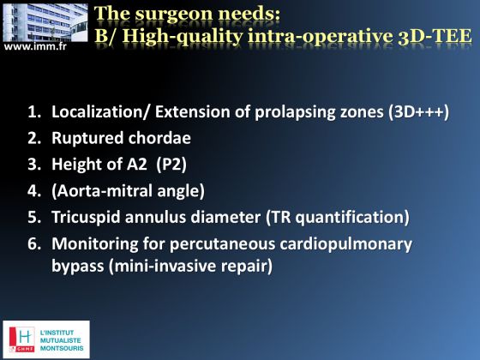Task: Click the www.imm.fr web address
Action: pyautogui.click(x=35, y=47)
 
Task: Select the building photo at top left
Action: pyautogui.click(x=45, y=22)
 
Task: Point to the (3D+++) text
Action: pyautogui.click(x=419, y=111)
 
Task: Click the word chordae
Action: pyautogui.click(x=159, y=138)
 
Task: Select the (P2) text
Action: pyautogui.click(x=171, y=165)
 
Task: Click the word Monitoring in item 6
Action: pyautogui.click(x=94, y=244)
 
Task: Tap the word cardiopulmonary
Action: pyautogui.click(x=346, y=244)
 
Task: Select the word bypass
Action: pyautogui.click(x=78, y=266)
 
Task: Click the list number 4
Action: pyautogui.click(x=34, y=191)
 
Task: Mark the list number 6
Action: pyautogui.click(x=34, y=244)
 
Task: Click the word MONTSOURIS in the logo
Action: pyautogui.click(x=62, y=348)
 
